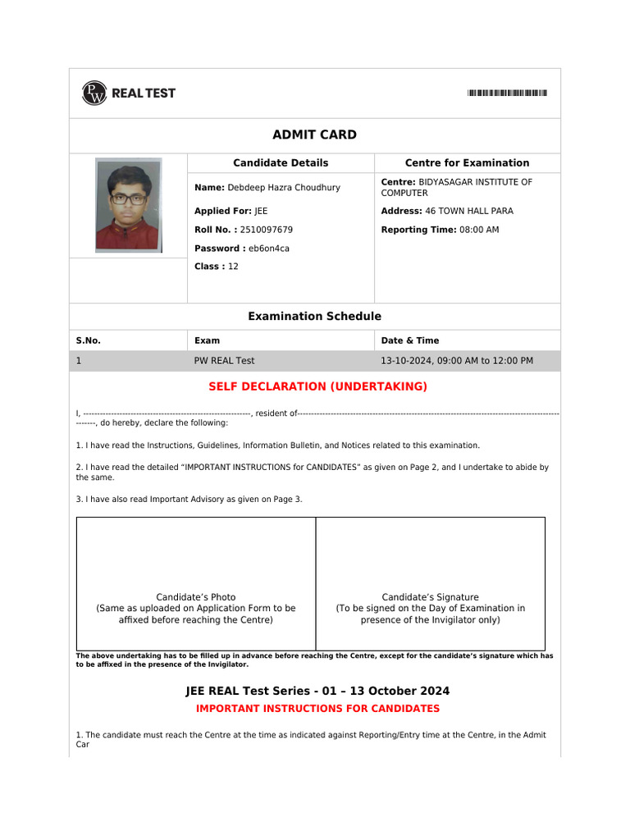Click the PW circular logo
[x=94, y=94]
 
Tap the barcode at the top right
[x=507, y=94]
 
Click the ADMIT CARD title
[x=314, y=135]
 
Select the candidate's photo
[x=128, y=205]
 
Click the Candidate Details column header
[x=281, y=163]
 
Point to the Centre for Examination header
[x=467, y=163]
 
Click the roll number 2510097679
[x=266, y=230]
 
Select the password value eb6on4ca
[x=268, y=249]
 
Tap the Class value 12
[x=233, y=267]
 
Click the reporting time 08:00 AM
[x=479, y=230]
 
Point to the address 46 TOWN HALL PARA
[x=468, y=212]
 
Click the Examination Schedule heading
[x=314, y=317]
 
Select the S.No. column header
[x=89, y=340]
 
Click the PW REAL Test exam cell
[x=224, y=361]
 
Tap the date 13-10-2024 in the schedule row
[x=405, y=361]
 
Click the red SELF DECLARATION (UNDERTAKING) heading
[x=317, y=386]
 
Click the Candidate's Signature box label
[x=430, y=597]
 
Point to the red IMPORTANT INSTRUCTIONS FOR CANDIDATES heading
[x=317, y=709]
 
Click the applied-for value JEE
[x=261, y=212]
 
